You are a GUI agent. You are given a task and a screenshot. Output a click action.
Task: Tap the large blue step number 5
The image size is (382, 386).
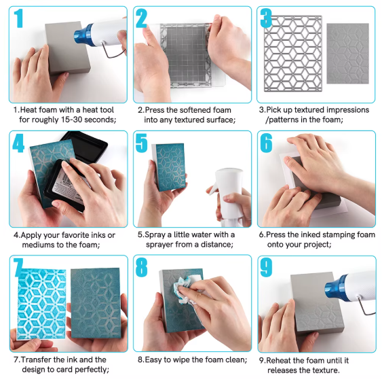[x=142, y=143]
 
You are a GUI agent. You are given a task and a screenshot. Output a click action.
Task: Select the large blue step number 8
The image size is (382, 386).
[x=142, y=267]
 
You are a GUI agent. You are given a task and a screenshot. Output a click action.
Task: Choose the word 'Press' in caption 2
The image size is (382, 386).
[x=155, y=110]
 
